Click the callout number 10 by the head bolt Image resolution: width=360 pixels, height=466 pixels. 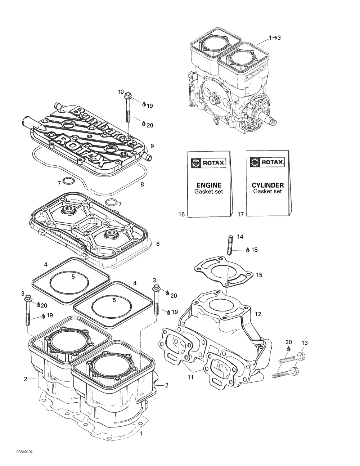click(x=121, y=92)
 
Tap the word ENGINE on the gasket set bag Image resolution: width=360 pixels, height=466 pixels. click(x=209, y=185)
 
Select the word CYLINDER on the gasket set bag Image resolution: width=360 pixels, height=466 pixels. click(x=267, y=185)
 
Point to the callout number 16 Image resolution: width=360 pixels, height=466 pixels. click(x=181, y=214)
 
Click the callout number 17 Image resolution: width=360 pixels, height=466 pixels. click(x=240, y=214)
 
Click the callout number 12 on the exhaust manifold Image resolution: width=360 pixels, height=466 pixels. click(x=258, y=314)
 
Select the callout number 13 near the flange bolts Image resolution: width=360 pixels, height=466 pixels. click(x=305, y=343)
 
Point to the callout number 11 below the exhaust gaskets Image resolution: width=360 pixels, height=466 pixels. click(x=191, y=377)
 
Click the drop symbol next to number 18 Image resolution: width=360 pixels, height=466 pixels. click(x=248, y=250)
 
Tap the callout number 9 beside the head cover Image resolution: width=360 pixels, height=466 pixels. click(x=152, y=146)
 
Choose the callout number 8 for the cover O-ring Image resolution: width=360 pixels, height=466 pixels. click(x=142, y=184)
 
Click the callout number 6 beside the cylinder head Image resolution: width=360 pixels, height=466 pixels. click(x=158, y=244)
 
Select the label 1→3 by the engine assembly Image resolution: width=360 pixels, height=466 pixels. click(x=275, y=37)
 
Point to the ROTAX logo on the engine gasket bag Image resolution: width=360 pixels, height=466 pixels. click(x=208, y=163)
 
